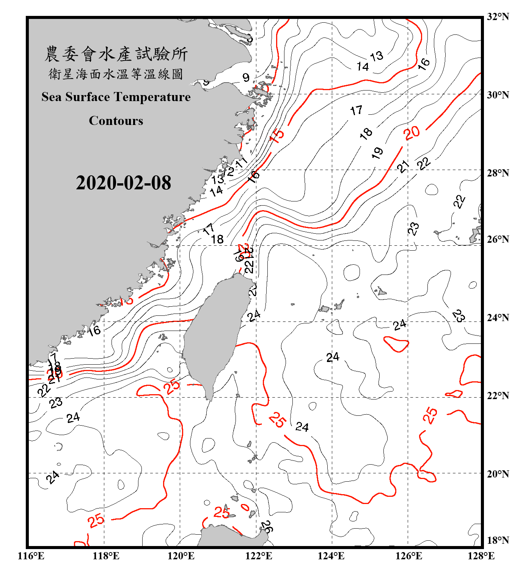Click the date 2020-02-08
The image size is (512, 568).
click(123, 183)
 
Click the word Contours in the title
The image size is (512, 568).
click(116, 121)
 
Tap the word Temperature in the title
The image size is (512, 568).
click(153, 97)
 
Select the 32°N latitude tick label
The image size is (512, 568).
click(498, 17)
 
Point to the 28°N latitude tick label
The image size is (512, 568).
click(498, 173)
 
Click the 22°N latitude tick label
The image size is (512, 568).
click(498, 396)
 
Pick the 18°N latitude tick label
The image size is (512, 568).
click(498, 540)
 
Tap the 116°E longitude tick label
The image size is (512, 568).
click(31, 556)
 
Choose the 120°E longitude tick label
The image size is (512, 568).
click(181, 556)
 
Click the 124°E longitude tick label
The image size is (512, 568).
click(331, 556)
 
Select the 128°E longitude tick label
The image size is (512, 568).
click(481, 556)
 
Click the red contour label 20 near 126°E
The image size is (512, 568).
click(411, 133)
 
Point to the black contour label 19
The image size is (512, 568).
click(377, 153)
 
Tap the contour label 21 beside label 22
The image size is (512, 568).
click(403, 166)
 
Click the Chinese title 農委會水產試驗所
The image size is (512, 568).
click(116, 54)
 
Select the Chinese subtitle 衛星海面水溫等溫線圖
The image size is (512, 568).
click(116, 74)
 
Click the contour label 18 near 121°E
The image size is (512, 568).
click(217, 239)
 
